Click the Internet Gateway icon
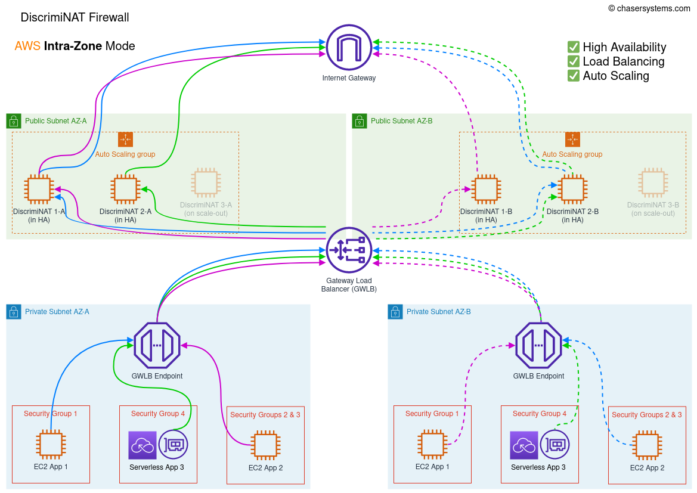tap(349, 47)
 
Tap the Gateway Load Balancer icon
tap(349, 250)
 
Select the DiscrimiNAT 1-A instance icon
tap(39, 189)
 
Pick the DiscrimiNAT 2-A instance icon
tap(125, 189)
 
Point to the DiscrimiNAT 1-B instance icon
tap(486, 189)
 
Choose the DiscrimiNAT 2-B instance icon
tap(572, 189)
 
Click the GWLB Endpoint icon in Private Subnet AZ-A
tap(157, 345)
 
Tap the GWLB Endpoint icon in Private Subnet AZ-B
tap(538, 345)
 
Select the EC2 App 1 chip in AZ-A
tap(51, 445)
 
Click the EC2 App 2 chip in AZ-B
tap(647, 446)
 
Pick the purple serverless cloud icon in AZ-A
tap(143, 445)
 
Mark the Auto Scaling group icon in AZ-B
tap(572, 139)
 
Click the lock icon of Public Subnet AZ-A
tap(14, 121)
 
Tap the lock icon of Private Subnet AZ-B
tap(395, 312)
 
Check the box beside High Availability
tap(574, 46)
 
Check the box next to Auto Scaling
tap(574, 75)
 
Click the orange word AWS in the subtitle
tap(27, 46)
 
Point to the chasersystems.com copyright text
tap(649, 8)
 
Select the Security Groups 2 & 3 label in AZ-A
tap(265, 415)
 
